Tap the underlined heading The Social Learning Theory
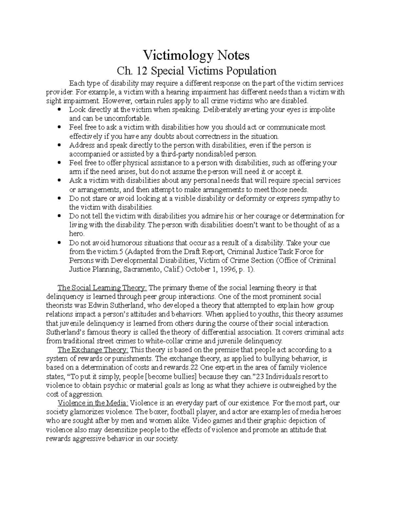(x=102, y=288)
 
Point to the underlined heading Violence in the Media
(x=93, y=403)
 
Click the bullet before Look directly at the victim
(x=59, y=110)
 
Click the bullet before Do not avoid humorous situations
(x=59, y=243)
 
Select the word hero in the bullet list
(x=76, y=234)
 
